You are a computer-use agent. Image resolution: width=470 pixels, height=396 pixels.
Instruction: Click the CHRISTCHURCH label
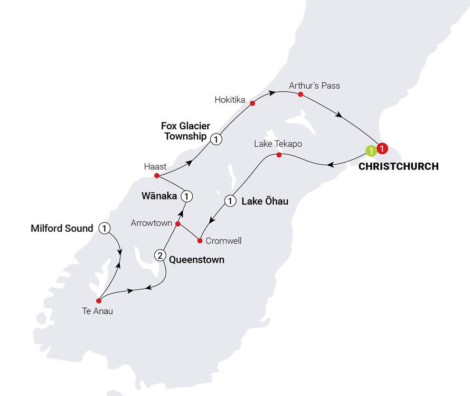[399, 166]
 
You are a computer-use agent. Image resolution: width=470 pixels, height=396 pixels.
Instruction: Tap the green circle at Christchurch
[372, 151]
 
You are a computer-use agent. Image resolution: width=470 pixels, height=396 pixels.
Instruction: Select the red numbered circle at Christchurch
[382, 148]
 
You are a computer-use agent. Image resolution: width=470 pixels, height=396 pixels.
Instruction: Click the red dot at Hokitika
[252, 102]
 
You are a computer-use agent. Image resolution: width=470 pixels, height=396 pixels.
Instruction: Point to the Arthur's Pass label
[314, 85]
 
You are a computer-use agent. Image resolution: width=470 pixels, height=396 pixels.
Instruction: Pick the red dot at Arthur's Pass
[300, 95]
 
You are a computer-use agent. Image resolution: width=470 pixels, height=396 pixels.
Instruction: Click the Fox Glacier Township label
[185, 130]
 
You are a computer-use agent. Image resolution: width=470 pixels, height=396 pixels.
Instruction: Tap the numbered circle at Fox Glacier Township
[215, 139]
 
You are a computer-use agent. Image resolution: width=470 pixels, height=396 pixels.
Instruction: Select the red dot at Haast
[157, 175]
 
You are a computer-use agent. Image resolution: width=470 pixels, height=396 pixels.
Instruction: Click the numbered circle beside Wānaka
[186, 196]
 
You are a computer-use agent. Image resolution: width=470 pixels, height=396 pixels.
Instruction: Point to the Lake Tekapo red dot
[279, 155]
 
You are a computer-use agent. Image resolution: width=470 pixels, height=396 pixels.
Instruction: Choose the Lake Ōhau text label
[265, 201]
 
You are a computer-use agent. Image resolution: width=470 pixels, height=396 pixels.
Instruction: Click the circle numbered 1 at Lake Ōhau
[230, 201]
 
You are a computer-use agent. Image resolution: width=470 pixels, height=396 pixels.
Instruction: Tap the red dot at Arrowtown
[178, 224]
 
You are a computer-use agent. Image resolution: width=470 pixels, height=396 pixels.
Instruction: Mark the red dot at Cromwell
[200, 241]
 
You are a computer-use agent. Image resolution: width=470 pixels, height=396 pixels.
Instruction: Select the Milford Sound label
[62, 229]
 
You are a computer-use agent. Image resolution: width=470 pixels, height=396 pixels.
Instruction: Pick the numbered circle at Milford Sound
[105, 228]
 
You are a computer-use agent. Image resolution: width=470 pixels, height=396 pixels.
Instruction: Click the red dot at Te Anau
[99, 301]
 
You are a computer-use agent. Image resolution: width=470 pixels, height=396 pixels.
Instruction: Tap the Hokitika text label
[230, 99]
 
